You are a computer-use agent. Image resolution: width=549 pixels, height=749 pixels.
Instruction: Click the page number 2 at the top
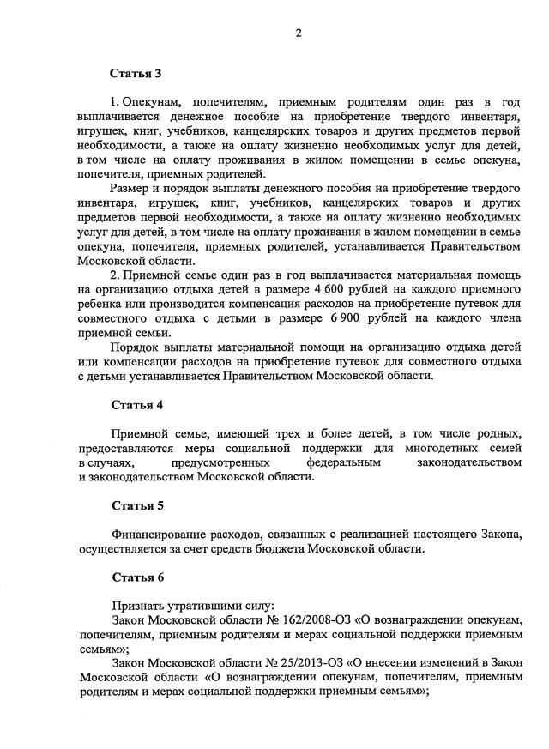tap(299, 33)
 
